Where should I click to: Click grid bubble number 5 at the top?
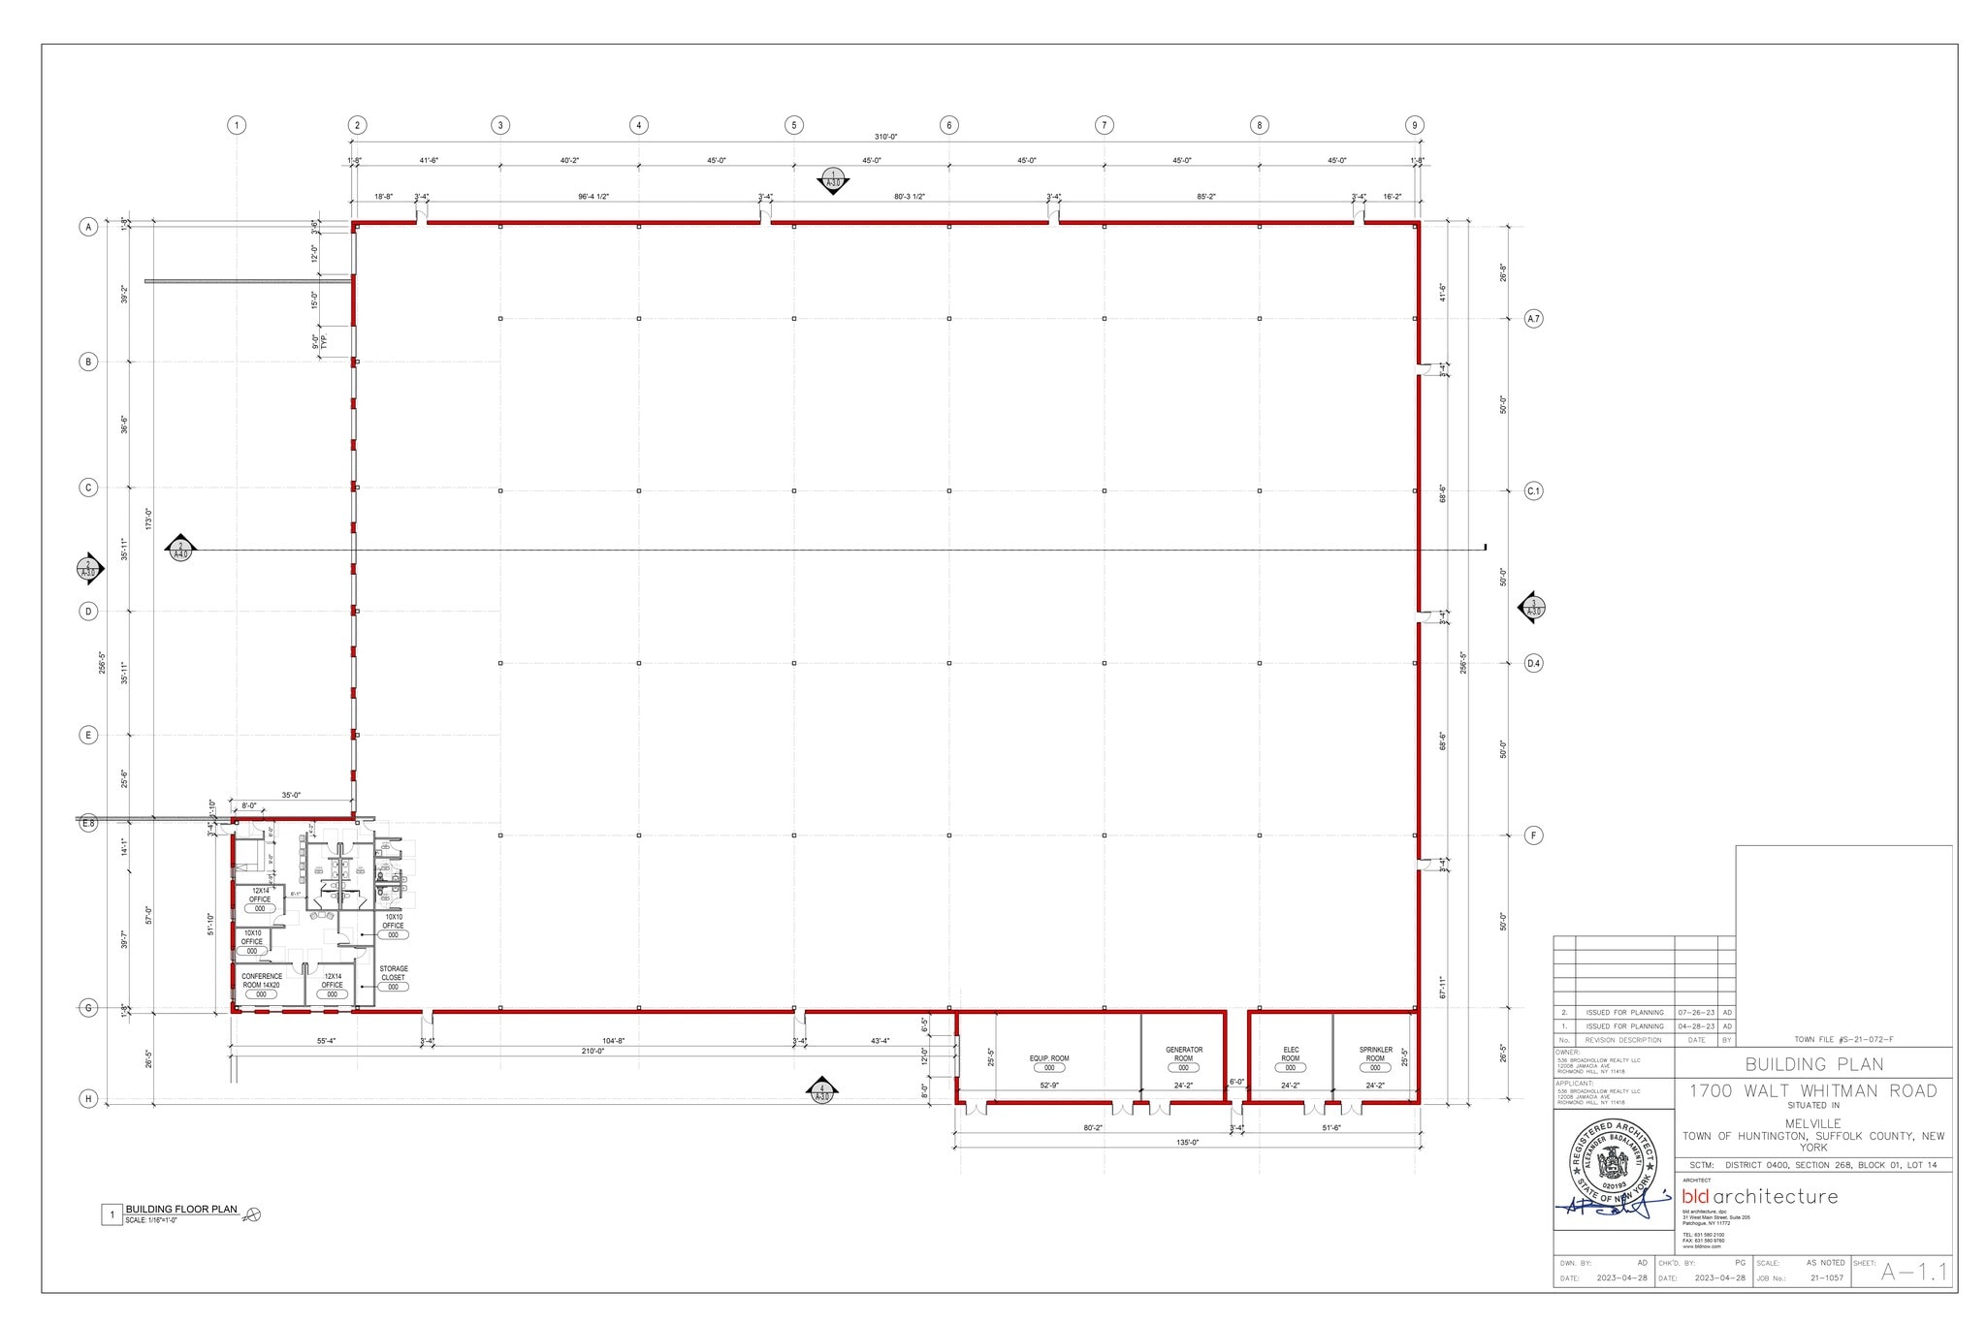794,125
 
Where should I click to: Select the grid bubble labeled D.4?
1533,664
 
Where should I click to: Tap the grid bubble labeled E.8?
88,823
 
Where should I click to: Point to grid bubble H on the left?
88,1099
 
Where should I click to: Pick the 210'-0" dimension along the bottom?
593,1052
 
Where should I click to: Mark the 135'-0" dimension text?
1188,1143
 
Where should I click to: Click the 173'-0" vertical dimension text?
148,519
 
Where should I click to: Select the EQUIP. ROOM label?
1049,1058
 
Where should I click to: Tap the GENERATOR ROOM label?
1184,1054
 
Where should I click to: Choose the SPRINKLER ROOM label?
1375,1054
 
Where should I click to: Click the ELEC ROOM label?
1291,1054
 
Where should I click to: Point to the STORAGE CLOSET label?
394,973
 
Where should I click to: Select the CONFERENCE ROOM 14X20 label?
262,980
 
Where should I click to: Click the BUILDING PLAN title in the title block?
1813,1064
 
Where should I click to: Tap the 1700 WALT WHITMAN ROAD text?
1813,1091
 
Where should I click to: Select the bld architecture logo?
1759,1197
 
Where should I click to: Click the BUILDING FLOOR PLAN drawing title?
181,1210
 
